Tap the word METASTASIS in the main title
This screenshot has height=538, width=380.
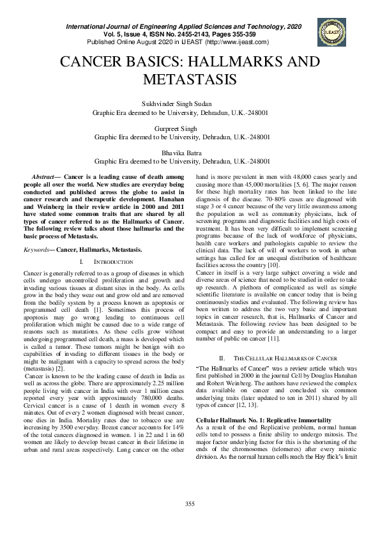coord(190,80)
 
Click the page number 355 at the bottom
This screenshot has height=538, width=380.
coord(190,505)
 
